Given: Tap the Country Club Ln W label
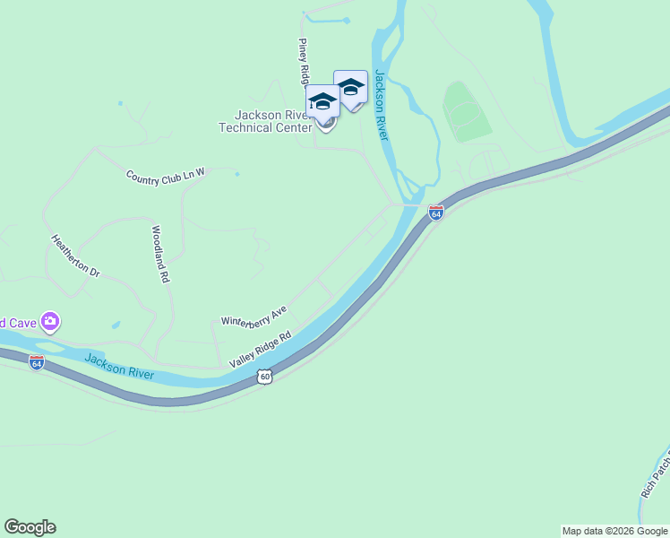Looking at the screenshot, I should pyautogui.click(x=166, y=177).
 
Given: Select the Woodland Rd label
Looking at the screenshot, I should pyautogui.click(x=160, y=254).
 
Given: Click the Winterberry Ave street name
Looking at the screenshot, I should pyautogui.click(x=253, y=315).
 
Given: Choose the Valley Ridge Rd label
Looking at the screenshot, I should pyautogui.click(x=261, y=349).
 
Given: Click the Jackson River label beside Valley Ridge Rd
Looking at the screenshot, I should pyautogui.click(x=119, y=367).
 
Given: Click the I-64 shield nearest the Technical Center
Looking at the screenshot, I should pyautogui.click(x=436, y=213).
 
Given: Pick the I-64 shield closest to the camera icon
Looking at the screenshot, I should pyautogui.click(x=37, y=363).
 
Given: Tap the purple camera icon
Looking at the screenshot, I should pyautogui.click(x=50, y=321).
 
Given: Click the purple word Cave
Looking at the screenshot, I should pyautogui.click(x=19, y=323).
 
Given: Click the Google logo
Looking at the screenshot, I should pyautogui.click(x=30, y=527).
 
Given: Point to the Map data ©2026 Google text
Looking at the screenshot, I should pyautogui.click(x=614, y=531).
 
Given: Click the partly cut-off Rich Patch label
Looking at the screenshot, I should pyautogui.click(x=654, y=476).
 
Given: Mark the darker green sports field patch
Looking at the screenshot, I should pyautogui.click(x=467, y=111).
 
